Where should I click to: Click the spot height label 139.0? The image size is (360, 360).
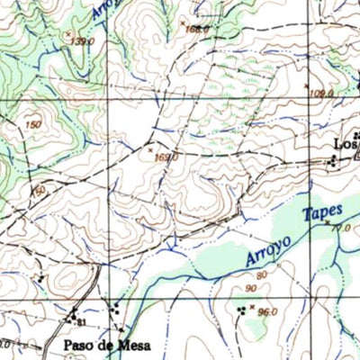click(83, 41)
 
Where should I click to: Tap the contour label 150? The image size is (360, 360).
click(33, 124)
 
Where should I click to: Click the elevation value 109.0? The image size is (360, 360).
click(321, 94)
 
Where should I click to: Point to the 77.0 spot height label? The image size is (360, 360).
click(339, 229)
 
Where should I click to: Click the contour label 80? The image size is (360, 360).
click(262, 274)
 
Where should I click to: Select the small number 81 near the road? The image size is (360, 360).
click(81, 321)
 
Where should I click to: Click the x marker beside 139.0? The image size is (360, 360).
click(68, 34)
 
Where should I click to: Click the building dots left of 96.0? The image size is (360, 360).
click(240, 310)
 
